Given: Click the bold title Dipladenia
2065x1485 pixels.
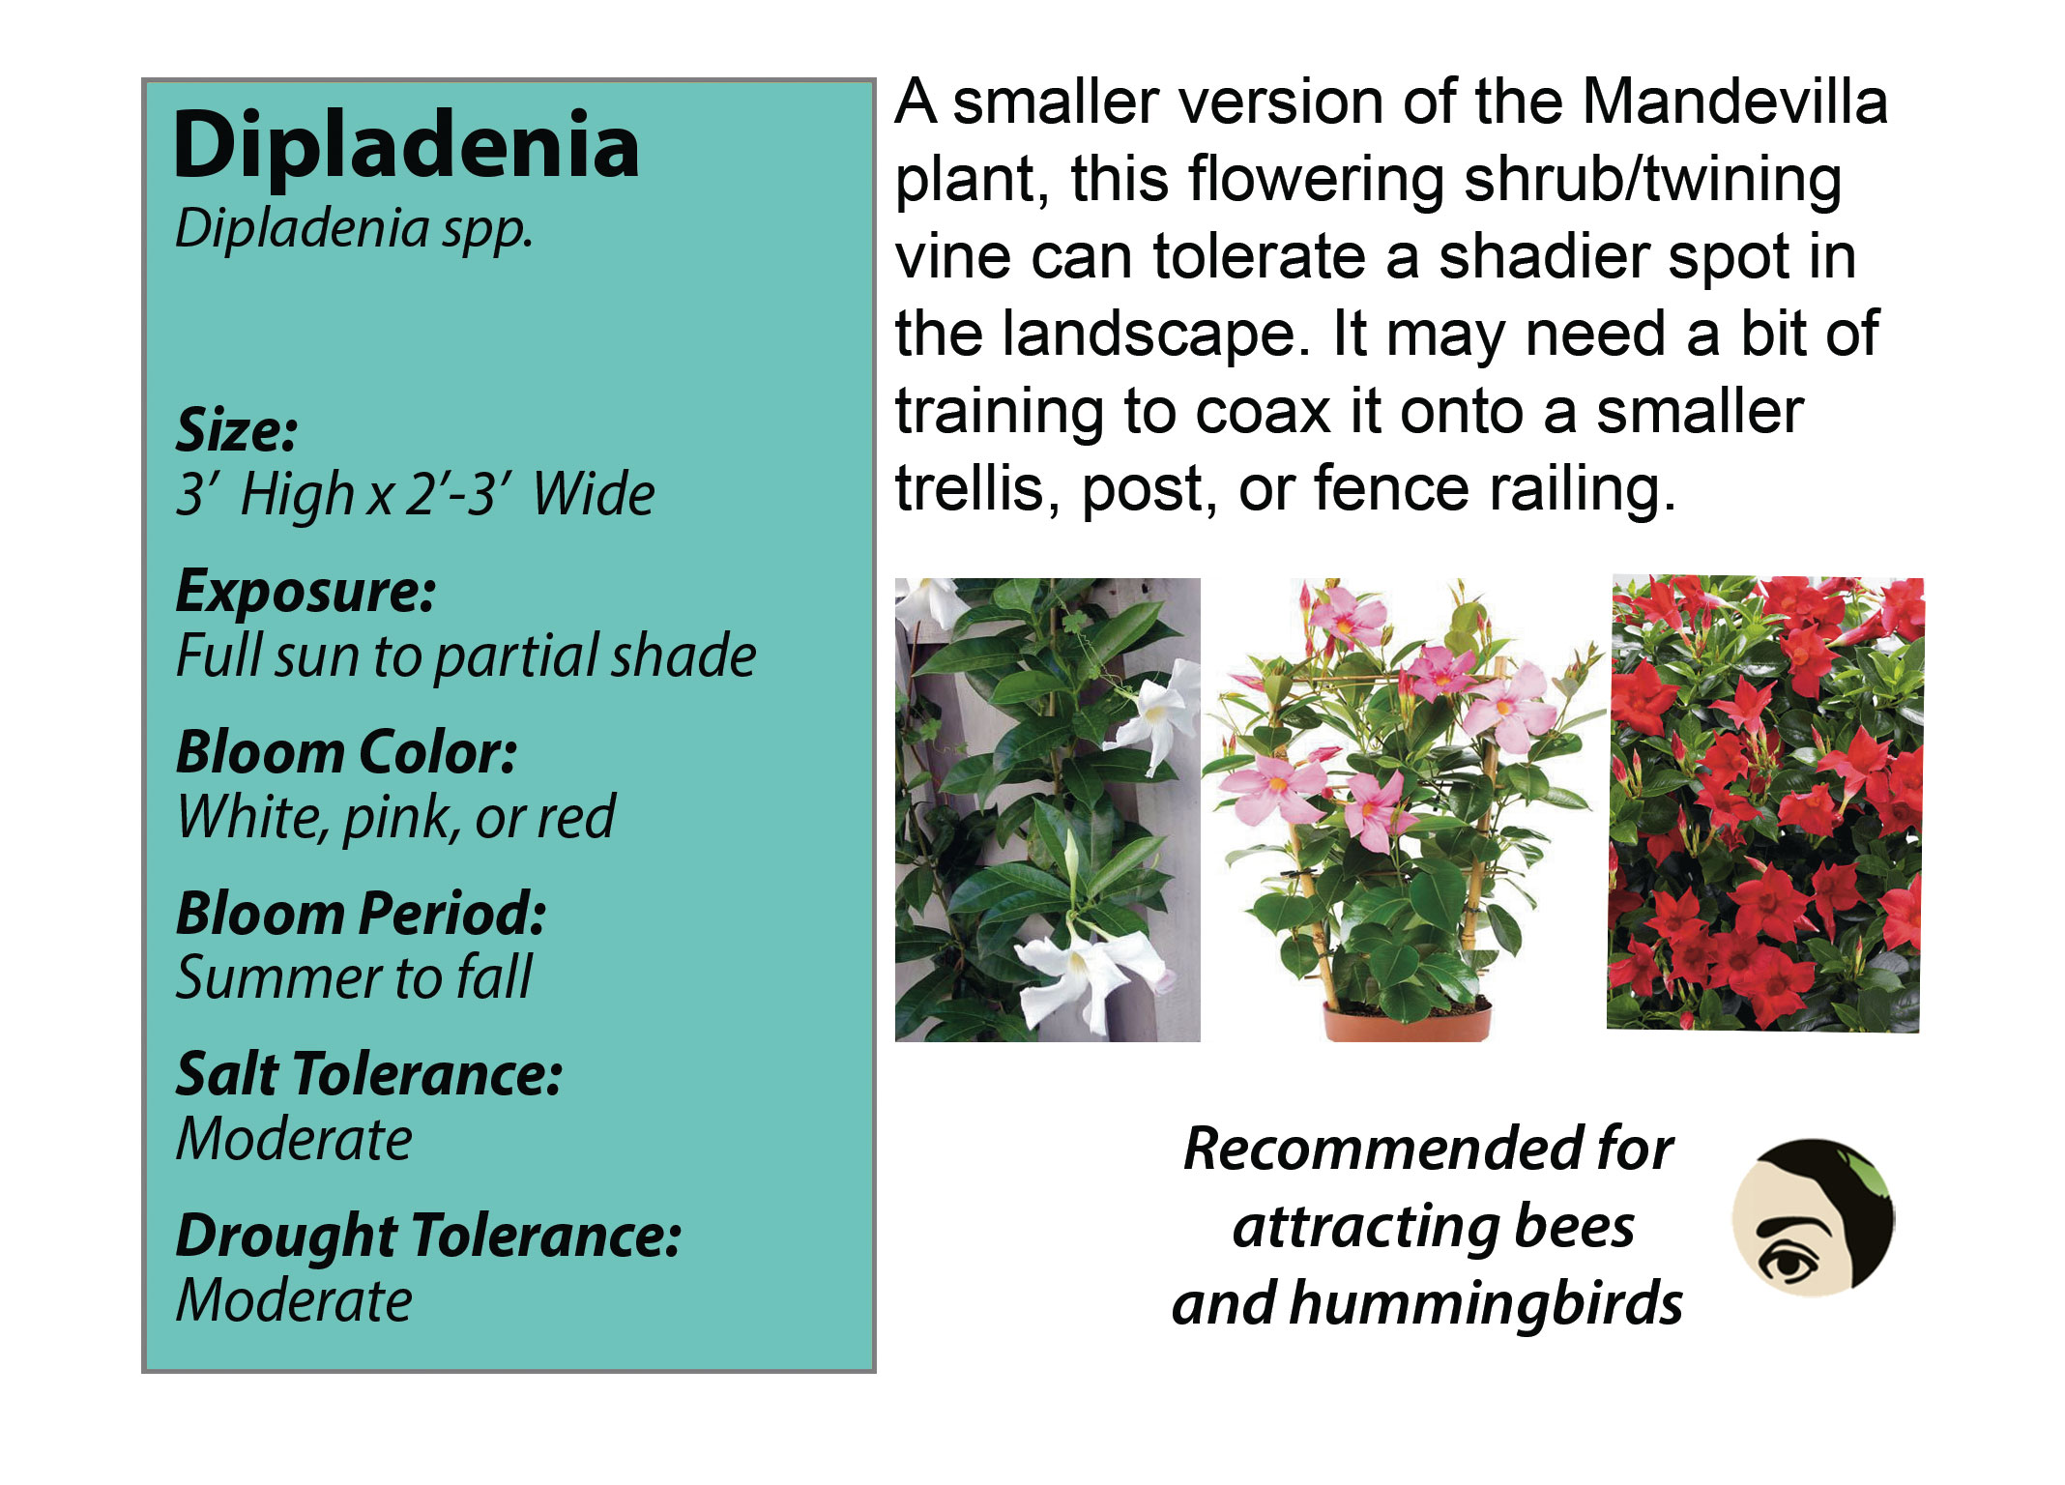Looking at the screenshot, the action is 406,145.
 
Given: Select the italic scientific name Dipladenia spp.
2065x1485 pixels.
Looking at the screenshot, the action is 354,230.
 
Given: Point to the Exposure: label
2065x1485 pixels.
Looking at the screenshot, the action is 305,592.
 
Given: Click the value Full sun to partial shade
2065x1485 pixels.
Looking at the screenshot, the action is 466,656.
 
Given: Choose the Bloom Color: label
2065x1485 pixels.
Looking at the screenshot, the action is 346,752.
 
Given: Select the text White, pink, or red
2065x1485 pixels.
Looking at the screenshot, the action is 395,818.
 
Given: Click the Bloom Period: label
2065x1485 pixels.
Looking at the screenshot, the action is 361,914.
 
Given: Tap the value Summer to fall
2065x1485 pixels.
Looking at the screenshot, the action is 354,977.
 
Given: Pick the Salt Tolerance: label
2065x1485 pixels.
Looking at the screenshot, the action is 368,1074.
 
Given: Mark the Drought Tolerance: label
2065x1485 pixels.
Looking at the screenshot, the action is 428,1237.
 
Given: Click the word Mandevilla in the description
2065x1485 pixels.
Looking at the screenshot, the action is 1734,102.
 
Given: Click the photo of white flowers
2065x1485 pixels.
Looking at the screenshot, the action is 1048,810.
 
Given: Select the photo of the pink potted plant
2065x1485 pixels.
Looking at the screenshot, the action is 1404,810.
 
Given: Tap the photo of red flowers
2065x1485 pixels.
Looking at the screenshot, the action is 1765,804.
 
